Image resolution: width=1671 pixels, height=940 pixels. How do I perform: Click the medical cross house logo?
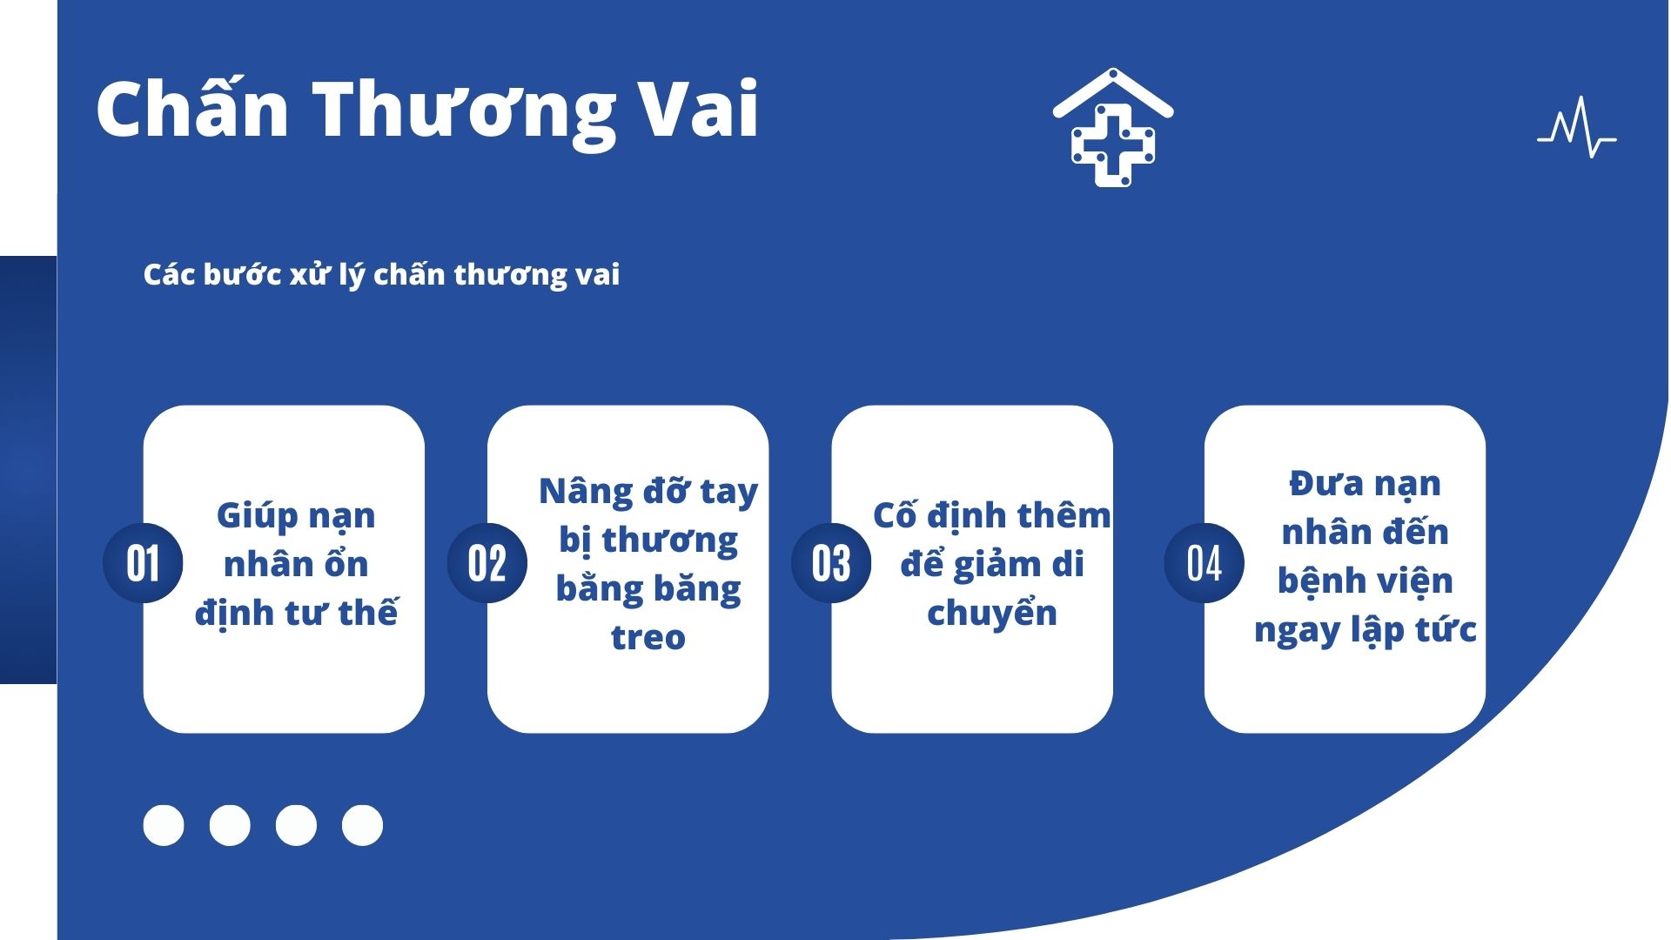[1113, 127]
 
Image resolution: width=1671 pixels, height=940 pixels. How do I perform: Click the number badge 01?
[143, 563]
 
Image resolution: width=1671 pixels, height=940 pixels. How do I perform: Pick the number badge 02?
[487, 563]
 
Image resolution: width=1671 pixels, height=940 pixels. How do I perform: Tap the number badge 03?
[831, 563]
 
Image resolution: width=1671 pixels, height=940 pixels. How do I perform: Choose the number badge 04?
[1205, 563]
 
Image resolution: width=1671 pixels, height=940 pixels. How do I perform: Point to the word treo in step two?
[648, 638]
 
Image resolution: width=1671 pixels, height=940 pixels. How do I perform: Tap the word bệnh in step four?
[1320, 580]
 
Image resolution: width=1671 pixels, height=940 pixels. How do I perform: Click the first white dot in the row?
[164, 825]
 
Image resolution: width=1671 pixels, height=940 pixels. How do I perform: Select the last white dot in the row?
[362, 825]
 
